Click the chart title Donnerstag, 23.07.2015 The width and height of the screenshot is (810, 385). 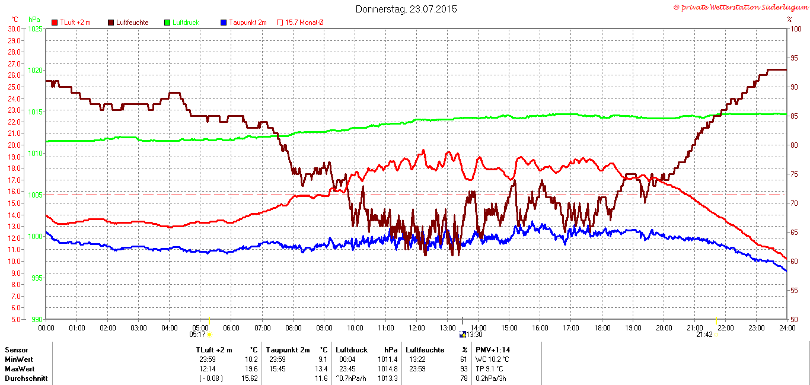[406, 9]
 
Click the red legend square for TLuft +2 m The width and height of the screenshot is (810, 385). [55, 23]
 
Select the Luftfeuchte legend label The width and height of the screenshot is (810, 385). [132, 23]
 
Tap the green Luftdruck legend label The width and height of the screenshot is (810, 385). [186, 23]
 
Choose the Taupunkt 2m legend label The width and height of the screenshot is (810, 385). [247, 23]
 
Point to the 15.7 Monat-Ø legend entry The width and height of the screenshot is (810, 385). [304, 23]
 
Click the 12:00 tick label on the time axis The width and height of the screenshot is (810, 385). [416, 327]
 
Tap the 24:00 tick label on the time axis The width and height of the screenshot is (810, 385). [786, 327]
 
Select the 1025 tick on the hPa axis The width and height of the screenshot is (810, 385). [36, 28]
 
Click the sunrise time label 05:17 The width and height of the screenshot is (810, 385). [197, 334]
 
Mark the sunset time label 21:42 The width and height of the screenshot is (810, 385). [704, 334]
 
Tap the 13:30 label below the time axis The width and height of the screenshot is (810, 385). [474, 334]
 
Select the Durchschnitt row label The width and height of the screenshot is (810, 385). [26, 378]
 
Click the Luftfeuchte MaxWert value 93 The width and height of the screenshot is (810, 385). [463, 368]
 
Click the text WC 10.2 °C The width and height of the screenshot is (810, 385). [492, 359]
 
